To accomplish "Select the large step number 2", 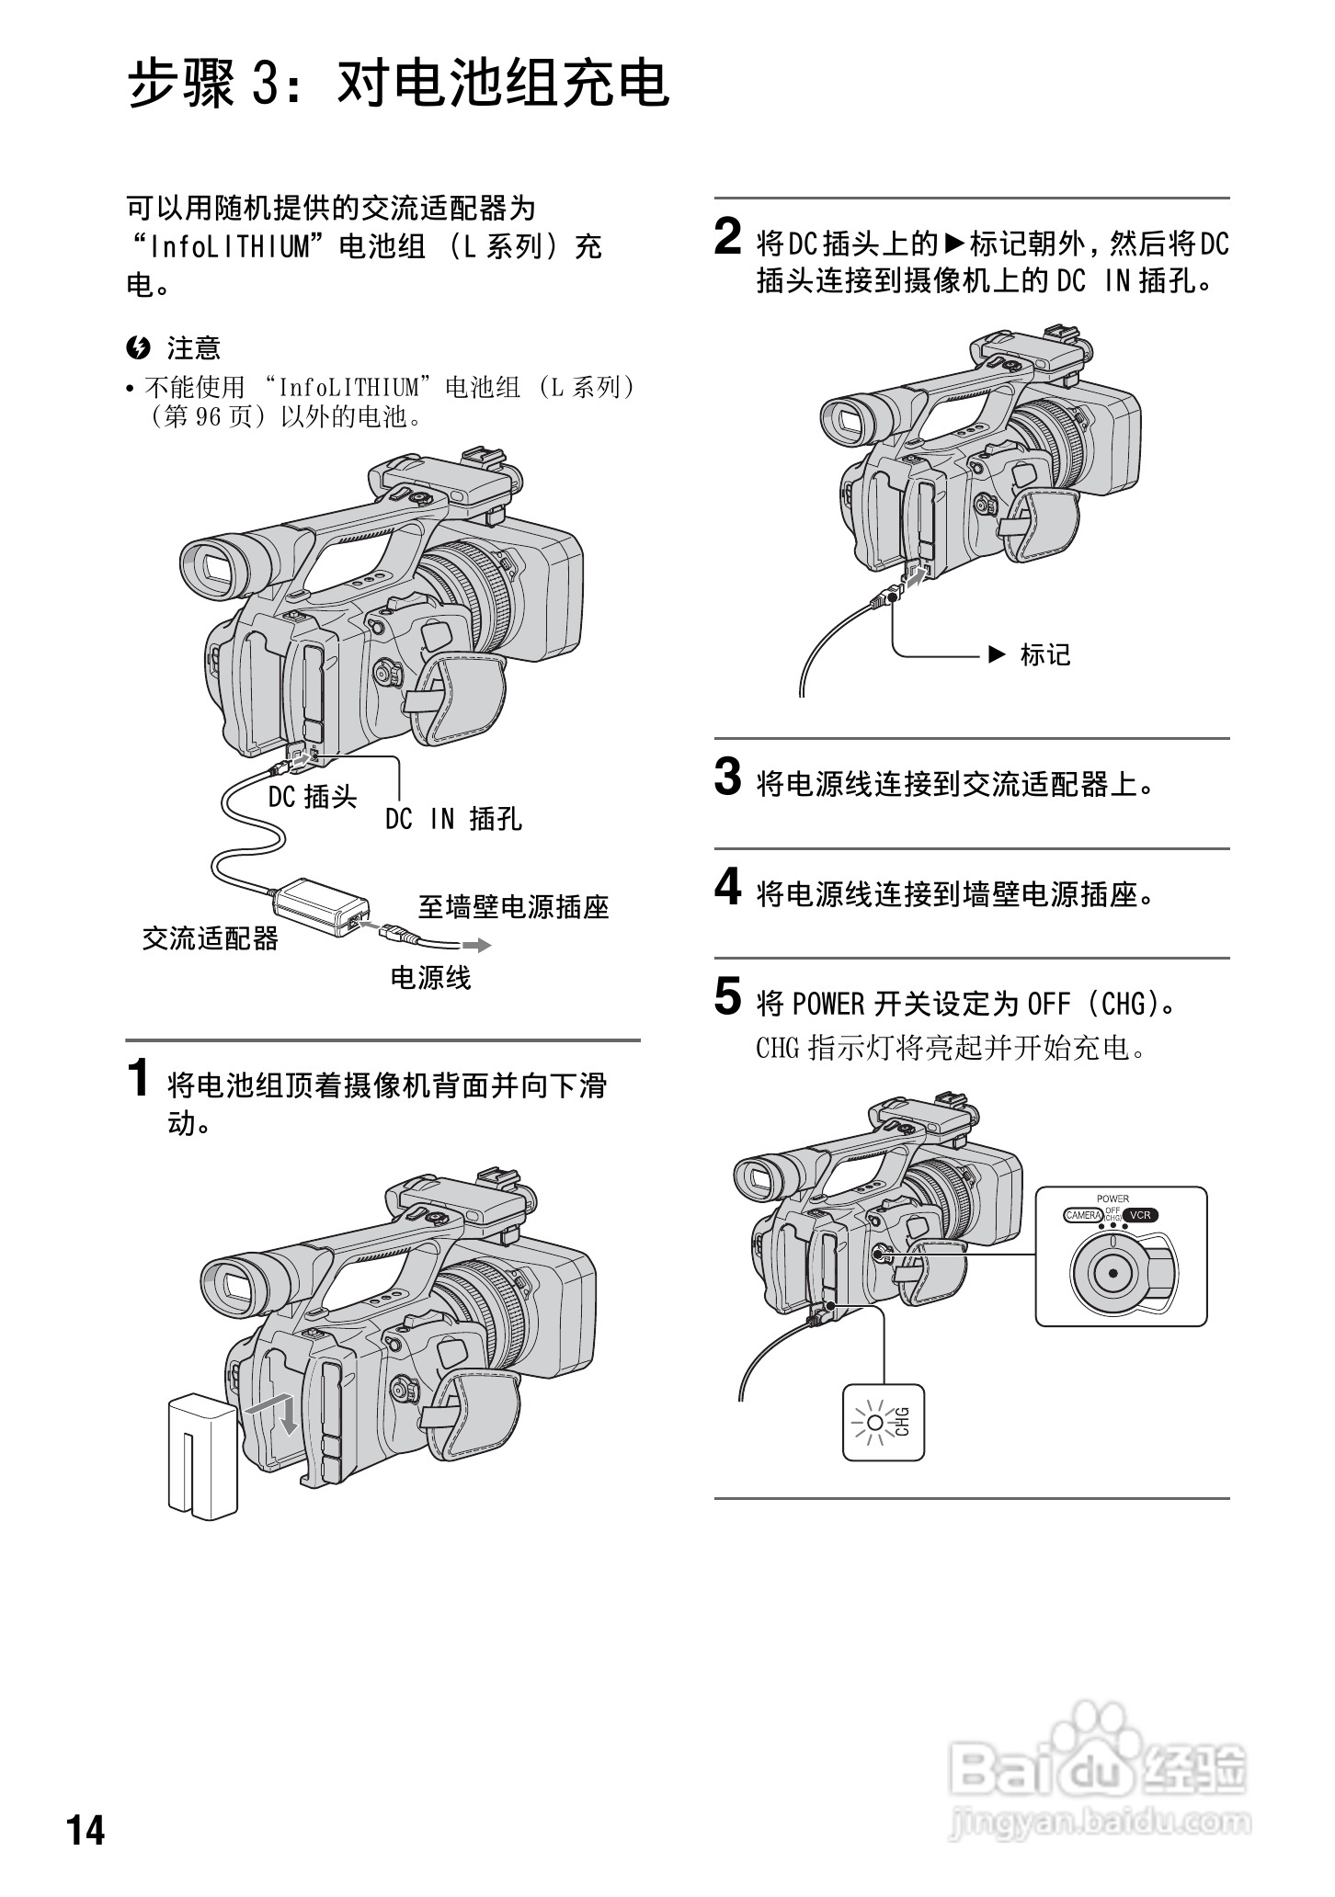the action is click(727, 237).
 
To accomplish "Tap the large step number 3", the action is click(727, 778).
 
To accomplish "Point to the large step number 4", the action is click(727, 888).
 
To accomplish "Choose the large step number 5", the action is click(727, 997).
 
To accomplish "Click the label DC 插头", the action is click(313, 797).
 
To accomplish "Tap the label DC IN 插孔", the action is click(453, 819).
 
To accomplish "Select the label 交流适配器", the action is click(210, 938).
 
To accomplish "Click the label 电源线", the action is click(430, 978).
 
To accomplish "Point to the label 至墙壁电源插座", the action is click(514, 908).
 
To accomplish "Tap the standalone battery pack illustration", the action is click(203, 1455).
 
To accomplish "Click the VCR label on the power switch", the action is click(1140, 1215).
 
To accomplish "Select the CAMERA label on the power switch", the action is click(1083, 1215).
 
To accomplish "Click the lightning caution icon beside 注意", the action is click(139, 348).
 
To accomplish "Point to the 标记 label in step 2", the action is click(1045, 655).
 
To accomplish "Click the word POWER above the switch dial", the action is click(1112, 1198).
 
